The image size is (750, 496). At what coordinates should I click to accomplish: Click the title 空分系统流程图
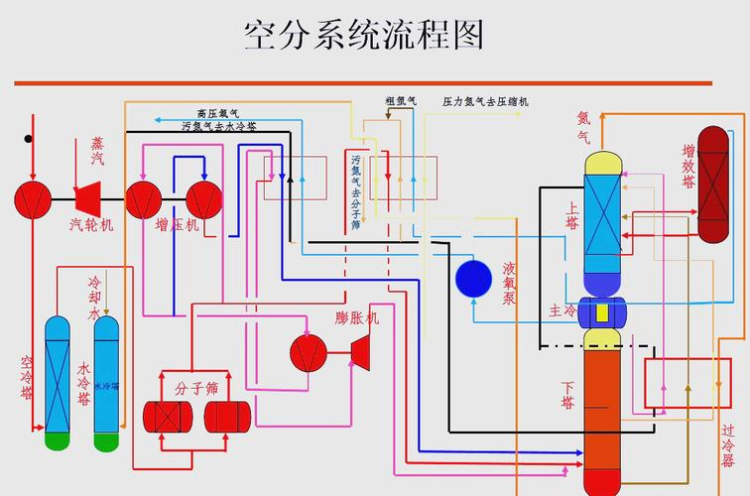tap(364, 36)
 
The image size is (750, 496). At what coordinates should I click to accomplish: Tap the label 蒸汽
tap(97, 151)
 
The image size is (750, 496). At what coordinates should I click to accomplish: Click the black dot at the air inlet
tap(29, 139)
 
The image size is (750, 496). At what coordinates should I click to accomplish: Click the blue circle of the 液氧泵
tap(473, 278)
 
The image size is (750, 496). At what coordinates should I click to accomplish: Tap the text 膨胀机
tap(357, 318)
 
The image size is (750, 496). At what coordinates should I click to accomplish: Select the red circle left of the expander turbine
tap(308, 351)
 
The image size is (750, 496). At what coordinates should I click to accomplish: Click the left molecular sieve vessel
tap(166, 417)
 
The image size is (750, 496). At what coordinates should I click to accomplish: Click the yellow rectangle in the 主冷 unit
tap(600, 312)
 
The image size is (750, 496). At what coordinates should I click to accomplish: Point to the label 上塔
tap(571, 215)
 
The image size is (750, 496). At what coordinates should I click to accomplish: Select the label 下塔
tap(567, 394)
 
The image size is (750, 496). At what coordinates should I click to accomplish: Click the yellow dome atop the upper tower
tap(601, 163)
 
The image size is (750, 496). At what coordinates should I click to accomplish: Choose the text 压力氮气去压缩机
tap(485, 101)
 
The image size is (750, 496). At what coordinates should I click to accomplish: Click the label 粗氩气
tap(401, 101)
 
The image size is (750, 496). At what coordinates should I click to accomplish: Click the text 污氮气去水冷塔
tap(218, 127)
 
